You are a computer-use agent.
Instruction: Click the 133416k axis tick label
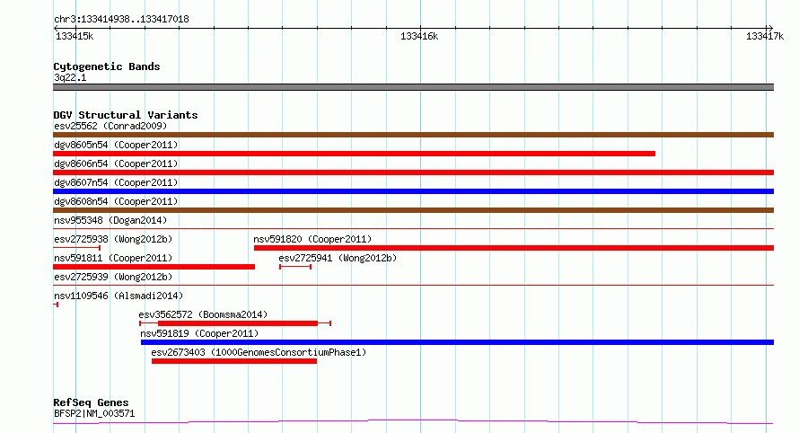pos(419,36)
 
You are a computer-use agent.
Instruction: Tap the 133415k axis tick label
pos(75,36)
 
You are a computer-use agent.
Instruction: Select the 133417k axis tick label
pos(764,36)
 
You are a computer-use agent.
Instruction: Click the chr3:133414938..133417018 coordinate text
pos(121,20)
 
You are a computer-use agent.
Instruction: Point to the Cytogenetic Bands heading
pos(107,66)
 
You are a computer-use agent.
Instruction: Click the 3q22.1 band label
pos(70,77)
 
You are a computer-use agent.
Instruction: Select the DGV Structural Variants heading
pos(126,115)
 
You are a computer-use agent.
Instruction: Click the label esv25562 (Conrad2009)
pos(110,126)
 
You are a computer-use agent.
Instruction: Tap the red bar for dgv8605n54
pos(354,154)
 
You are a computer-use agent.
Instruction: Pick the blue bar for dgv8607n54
pos(413,191)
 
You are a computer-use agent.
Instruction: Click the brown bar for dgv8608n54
pos(413,210)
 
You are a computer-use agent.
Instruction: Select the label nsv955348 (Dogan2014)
pos(110,220)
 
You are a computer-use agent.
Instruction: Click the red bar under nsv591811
pos(154,267)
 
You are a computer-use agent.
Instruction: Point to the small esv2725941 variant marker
pos(295,267)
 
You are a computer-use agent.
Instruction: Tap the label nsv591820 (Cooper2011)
pos(312,239)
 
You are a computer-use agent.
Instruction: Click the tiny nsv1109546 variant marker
pos(56,305)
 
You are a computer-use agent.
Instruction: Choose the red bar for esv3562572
pos(238,323)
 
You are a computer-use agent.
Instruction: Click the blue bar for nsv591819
pos(457,342)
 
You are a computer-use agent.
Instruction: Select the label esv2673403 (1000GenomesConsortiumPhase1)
pos(259,352)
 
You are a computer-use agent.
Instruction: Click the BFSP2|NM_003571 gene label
pos(94,413)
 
